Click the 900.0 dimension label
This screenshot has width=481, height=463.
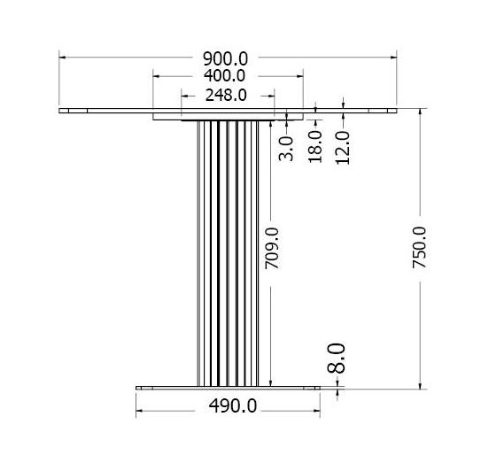(x=225, y=59)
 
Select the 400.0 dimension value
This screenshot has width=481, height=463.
(x=224, y=76)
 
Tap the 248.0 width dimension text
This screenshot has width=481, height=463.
(x=226, y=96)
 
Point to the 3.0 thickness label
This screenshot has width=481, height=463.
(x=286, y=149)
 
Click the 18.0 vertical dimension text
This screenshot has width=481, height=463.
(x=315, y=147)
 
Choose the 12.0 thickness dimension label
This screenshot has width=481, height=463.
(x=342, y=148)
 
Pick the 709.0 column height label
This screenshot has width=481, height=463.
(x=272, y=249)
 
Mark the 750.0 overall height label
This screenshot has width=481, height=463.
(x=419, y=248)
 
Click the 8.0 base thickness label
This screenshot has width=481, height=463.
(x=337, y=359)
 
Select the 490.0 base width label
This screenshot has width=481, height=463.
(x=232, y=405)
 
